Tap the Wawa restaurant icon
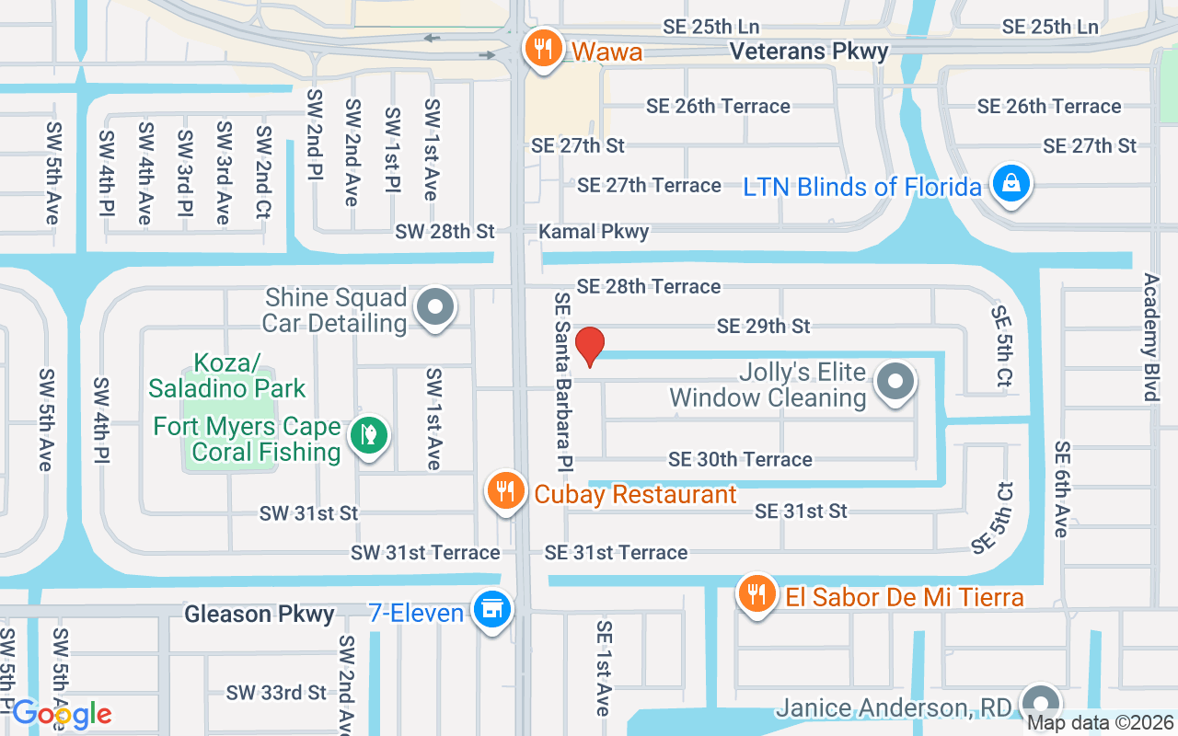pyautogui.click(x=544, y=49)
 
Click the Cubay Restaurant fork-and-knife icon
pyautogui.click(x=504, y=491)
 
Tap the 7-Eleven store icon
pyautogui.click(x=492, y=610)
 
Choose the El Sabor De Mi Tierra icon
pyautogui.click(x=756, y=595)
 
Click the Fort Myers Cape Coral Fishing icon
pyautogui.click(x=369, y=436)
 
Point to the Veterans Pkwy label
pyautogui.click(x=809, y=52)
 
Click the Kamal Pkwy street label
pyautogui.click(x=595, y=232)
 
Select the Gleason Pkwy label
pyautogui.click(x=260, y=614)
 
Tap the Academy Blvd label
pyautogui.click(x=1150, y=337)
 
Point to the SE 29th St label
pyautogui.click(x=763, y=327)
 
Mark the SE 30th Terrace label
pyautogui.click(x=740, y=459)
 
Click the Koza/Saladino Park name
pyautogui.click(x=226, y=375)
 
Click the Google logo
pyautogui.click(x=62, y=714)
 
